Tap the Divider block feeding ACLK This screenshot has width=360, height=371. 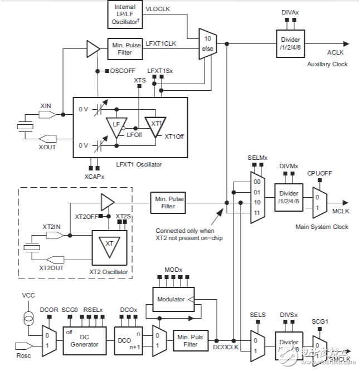[x=291, y=43]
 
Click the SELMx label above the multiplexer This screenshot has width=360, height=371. [x=258, y=158]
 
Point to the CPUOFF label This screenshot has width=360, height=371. [x=319, y=173]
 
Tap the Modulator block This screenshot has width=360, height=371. [x=171, y=299]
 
